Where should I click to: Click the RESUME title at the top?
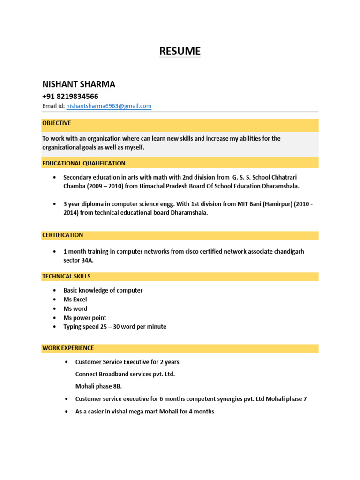click(180, 51)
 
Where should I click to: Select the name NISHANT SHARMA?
click(79, 84)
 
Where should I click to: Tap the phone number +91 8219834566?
click(70, 96)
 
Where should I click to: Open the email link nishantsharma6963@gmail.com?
click(109, 106)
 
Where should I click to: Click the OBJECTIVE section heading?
click(57, 123)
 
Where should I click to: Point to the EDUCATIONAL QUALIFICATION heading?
click(84, 163)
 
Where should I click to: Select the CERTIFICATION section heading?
click(63, 235)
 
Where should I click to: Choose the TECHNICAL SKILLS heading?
click(67, 277)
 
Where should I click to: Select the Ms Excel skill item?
click(75, 300)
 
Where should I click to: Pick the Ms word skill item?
click(75, 308)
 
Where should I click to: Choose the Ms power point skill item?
click(85, 318)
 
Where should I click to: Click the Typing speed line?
click(115, 327)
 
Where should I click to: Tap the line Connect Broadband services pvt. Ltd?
click(125, 374)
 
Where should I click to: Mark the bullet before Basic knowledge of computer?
click(55, 291)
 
